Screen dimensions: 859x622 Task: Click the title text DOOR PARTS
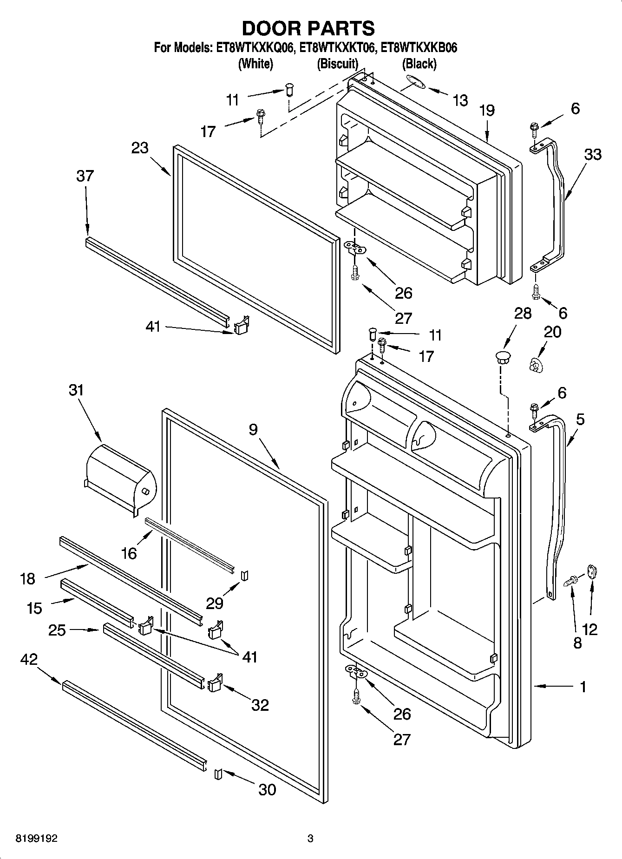308,29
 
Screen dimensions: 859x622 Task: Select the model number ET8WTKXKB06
419,48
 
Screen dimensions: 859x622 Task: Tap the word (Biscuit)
337,64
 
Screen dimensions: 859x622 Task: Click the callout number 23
139,148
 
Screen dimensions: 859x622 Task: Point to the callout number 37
85,176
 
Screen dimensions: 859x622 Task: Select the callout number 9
253,430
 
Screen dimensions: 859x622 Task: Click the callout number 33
592,155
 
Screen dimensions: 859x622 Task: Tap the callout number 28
523,313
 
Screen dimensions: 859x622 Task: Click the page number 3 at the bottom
310,839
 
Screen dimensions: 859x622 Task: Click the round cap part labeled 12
593,571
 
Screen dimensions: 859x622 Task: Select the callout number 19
487,111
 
